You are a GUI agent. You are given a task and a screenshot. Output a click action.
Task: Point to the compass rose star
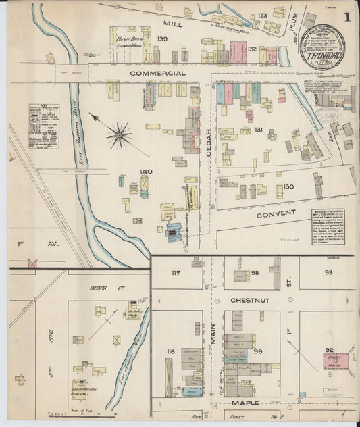point(119,135)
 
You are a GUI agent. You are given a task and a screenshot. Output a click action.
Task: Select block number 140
point(146,172)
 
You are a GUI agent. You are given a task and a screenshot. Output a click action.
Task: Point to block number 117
point(176,273)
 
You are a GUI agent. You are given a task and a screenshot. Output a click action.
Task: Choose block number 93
point(328,272)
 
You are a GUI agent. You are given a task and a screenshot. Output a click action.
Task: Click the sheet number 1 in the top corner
point(346,18)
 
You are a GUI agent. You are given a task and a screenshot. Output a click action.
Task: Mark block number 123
point(262,15)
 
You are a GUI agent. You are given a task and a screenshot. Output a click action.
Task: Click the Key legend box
point(43,126)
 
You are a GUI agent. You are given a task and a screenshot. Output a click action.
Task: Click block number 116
point(170,352)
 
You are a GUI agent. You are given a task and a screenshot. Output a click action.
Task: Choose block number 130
point(289,186)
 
